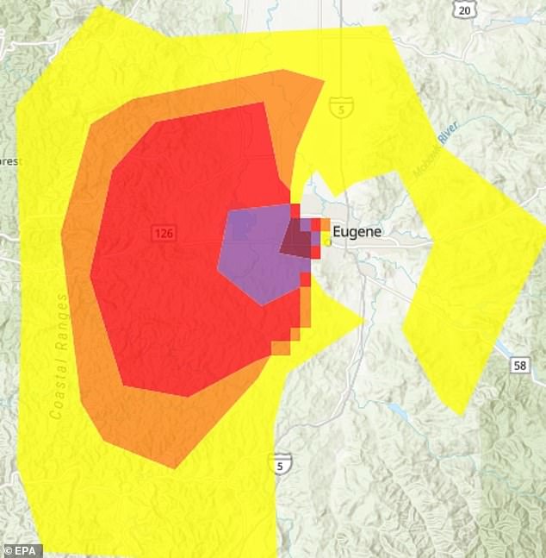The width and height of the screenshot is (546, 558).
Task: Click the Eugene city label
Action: (356, 231)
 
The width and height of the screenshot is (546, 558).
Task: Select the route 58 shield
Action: (519, 366)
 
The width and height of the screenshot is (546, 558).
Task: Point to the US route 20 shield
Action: (465, 10)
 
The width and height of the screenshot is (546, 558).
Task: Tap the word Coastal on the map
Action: (58, 392)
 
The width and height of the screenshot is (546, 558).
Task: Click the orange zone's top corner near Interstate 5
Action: (324, 81)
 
